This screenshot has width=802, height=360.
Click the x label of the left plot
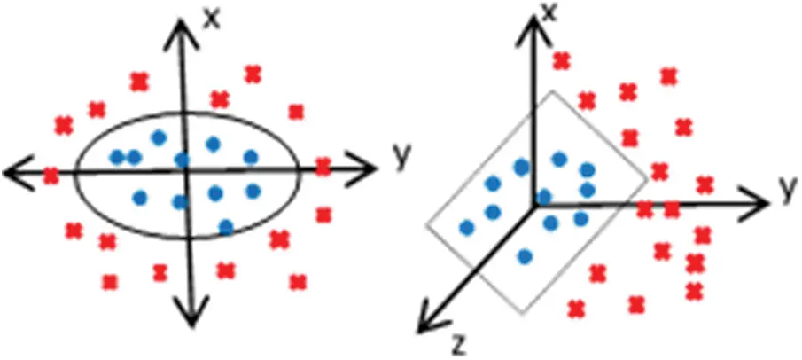pyautogui.click(x=211, y=18)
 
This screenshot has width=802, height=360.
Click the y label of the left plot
pyautogui.click(x=402, y=157)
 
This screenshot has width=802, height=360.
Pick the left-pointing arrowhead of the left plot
pyautogui.click(x=16, y=173)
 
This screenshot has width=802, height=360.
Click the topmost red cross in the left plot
pyautogui.click(x=253, y=74)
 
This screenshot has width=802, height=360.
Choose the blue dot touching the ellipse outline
pyautogui.click(x=226, y=226)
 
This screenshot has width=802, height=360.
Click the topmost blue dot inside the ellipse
pyautogui.click(x=159, y=137)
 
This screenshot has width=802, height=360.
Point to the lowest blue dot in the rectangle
pyautogui.click(x=525, y=257)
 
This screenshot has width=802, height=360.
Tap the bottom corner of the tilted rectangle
pyautogui.click(x=523, y=312)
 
